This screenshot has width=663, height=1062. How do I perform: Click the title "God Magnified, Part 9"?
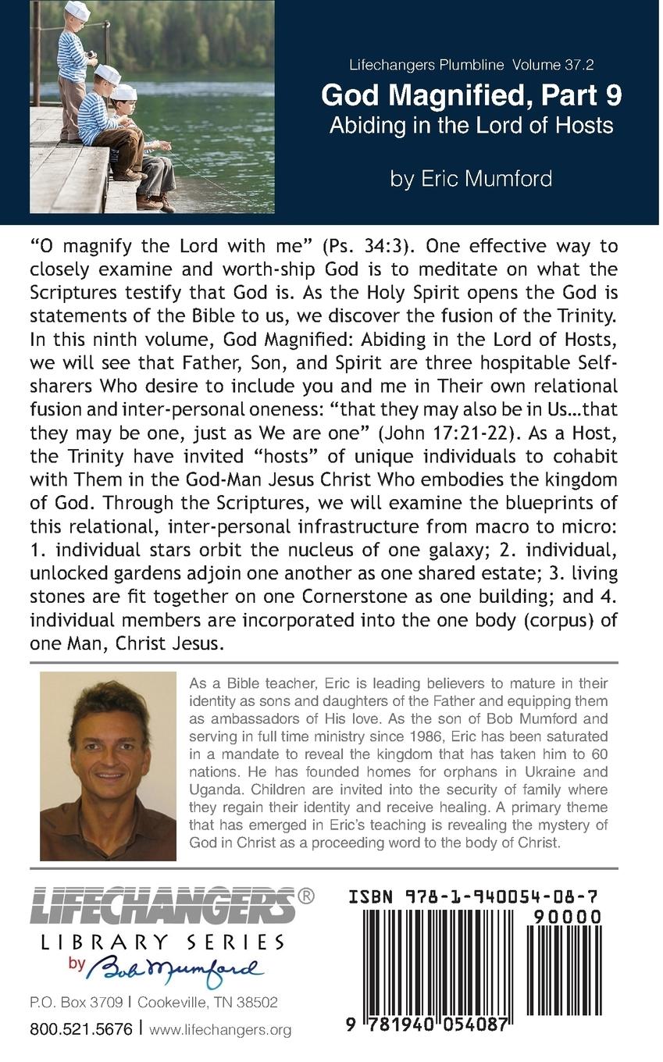tap(472, 95)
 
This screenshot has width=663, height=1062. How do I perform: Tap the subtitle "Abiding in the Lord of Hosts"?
tap(471, 125)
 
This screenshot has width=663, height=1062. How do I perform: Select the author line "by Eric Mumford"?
tap(471, 178)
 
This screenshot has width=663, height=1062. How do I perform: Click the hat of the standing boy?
tap(77, 9)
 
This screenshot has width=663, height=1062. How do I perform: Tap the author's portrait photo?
tap(108, 766)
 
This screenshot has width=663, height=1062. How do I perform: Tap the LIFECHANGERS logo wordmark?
tap(162, 907)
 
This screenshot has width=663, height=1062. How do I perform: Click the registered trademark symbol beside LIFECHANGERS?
tap(307, 896)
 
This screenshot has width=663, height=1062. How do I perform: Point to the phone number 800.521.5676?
tap(81, 1029)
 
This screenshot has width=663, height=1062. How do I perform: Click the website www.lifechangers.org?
tap(220, 1030)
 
